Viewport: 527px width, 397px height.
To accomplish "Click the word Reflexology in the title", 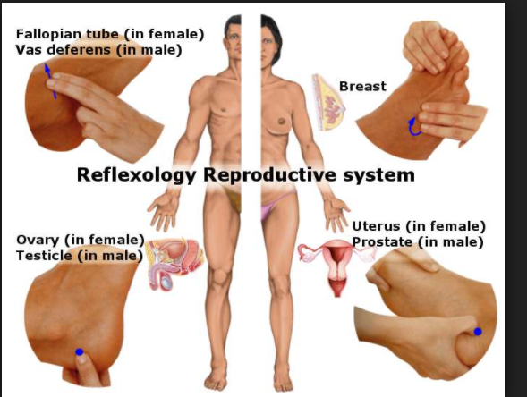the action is tap(136, 175).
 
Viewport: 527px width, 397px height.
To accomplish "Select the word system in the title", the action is tap(378, 175).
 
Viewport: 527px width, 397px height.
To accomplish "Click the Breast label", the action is tap(362, 87).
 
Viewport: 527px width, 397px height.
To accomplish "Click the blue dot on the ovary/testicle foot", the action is tap(80, 352).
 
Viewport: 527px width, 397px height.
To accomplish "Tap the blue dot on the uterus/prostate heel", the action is tap(478, 332).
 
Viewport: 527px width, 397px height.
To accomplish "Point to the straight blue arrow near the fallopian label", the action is tap(50, 80).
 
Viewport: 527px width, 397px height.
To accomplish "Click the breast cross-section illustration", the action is tap(328, 103).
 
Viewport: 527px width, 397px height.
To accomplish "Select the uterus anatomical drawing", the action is tap(336, 266).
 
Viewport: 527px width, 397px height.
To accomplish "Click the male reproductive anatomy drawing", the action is tap(176, 264).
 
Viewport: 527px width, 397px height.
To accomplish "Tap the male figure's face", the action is tap(234, 39).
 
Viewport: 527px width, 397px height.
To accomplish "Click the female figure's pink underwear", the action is tap(273, 206).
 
